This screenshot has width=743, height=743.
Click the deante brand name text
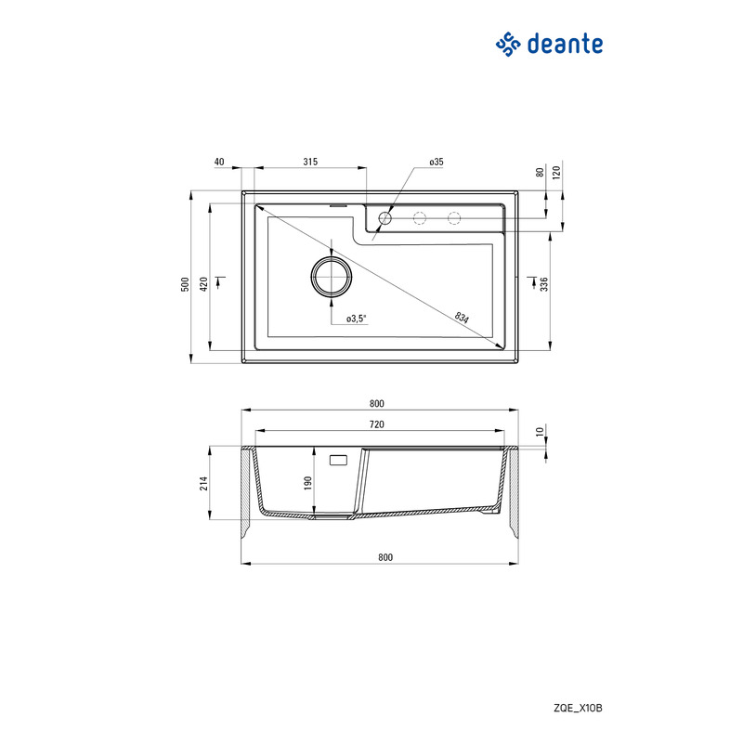(565, 44)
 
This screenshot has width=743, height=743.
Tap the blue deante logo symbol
(508, 44)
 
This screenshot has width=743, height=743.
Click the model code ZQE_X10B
(578, 708)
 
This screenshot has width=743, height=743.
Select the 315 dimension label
(310, 162)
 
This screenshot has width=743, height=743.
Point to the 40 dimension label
(219, 162)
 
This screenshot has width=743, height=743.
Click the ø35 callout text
(437, 162)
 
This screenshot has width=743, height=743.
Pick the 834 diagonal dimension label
(462, 317)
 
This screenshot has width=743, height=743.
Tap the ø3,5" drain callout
(357, 319)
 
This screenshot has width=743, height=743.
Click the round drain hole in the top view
(332, 277)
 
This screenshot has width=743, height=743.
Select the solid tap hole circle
(385, 218)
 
